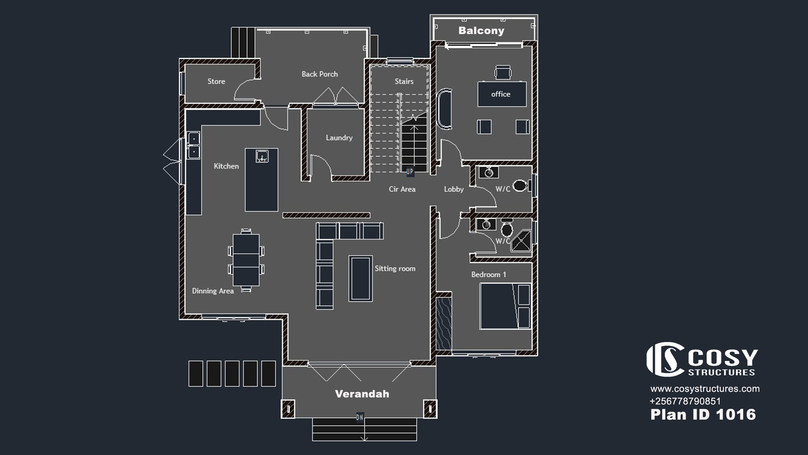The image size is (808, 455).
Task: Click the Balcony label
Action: [x=481, y=31]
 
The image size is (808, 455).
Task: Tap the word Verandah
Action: [x=362, y=394]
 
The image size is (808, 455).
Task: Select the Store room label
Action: [x=216, y=81]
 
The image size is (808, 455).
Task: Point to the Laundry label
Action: [x=339, y=138]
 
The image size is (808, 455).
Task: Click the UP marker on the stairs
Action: [x=410, y=172]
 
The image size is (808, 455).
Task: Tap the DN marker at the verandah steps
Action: [x=360, y=417]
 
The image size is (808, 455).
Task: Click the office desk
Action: [x=502, y=94]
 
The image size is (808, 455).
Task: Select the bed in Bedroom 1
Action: [x=505, y=306]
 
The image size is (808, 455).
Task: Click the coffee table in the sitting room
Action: [x=360, y=278]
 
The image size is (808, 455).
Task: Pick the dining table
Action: [x=246, y=260]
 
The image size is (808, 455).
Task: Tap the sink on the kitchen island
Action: [x=262, y=156]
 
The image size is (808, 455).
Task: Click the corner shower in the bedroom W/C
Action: [x=521, y=241]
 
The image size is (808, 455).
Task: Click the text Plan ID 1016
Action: [x=703, y=415]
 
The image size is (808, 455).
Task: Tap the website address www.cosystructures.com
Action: [x=705, y=389]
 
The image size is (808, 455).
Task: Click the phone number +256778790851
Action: [x=685, y=401]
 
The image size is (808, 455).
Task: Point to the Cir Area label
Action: [x=402, y=189]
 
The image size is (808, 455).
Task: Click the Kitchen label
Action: [x=226, y=166]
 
